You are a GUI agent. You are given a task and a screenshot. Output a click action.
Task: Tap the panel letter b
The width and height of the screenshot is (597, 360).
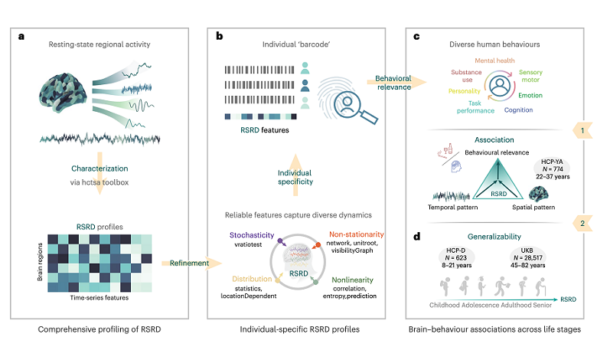[220, 35]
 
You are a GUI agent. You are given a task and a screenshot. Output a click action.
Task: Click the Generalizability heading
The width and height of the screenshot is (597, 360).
[494, 237]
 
